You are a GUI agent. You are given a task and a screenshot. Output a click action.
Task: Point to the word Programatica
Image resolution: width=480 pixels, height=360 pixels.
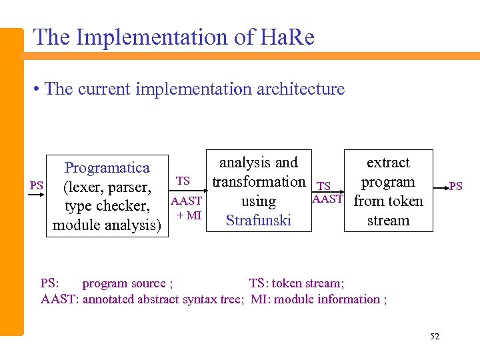click(107, 167)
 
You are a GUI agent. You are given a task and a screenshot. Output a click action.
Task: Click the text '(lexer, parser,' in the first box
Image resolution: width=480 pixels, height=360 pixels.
click(107, 187)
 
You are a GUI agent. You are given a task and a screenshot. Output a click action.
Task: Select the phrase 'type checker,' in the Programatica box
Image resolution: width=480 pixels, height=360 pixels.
click(107, 206)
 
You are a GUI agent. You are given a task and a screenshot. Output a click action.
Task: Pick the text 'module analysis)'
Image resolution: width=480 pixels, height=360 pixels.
click(107, 225)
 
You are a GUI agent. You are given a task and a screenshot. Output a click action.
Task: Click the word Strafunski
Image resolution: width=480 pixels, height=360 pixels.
click(258, 220)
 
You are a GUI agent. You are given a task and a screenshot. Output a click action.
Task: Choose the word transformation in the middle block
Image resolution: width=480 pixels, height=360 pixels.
click(259, 182)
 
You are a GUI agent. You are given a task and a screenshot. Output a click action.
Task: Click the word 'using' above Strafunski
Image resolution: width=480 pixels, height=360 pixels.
click(258, 201)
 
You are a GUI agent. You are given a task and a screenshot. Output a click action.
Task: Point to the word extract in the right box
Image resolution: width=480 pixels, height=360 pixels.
click(388, 163)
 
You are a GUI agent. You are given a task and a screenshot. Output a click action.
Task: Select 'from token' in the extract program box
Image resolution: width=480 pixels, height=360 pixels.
click(388, 201)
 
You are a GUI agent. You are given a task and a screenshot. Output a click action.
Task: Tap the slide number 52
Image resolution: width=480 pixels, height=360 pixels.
click(435, 337)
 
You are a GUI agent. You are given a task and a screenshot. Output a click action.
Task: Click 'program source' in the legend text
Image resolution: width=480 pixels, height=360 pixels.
click(124, 283)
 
